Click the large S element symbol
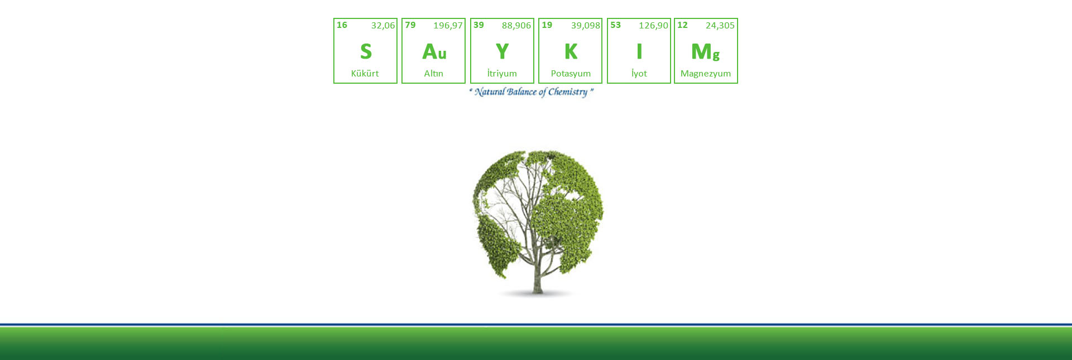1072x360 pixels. (366, 51)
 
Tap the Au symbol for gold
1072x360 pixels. (434, 51)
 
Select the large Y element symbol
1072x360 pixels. (502, 51)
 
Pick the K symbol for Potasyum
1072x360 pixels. (571, 51)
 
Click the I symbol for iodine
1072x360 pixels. (639, 51)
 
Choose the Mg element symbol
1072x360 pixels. (706, 52)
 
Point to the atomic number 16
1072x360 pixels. (342, 25)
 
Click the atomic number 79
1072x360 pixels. (410, 25)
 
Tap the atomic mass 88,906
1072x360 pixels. (516, 26)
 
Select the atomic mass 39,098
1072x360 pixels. (586, 26)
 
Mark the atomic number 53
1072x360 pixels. (615, 25)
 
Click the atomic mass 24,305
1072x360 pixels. (720, 26)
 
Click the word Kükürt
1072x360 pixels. (365, 73)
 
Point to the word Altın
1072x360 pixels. (434, 73)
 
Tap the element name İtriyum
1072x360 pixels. (502, 73)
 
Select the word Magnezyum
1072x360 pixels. (706, 74)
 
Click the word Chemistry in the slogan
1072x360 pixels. (568, 92)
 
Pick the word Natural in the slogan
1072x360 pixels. (490, 92)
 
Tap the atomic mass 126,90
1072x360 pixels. (654, 26)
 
